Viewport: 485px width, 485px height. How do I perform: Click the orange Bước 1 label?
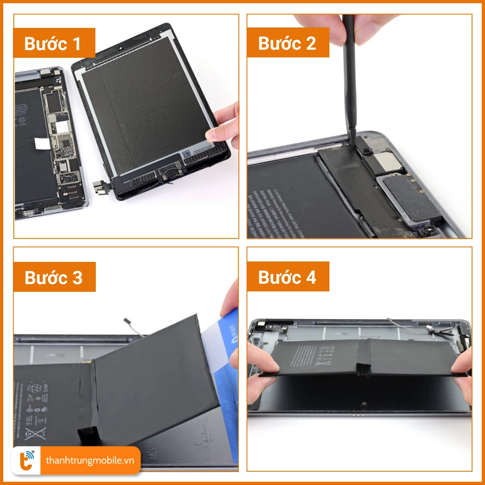[x=54, y=43]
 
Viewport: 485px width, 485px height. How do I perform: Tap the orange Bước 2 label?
[x=288, y=42]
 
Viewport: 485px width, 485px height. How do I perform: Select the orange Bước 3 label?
[x=54, y=277]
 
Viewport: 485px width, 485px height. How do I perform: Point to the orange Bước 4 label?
[x=288, y=277]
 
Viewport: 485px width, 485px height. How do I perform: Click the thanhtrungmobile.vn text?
[x=90, y=460]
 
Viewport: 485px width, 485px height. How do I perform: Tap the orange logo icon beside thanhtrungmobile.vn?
[x=27, y=460]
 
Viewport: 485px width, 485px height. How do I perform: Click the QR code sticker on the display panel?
[x=186, y=154]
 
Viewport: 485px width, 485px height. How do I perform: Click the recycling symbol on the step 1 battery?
[x=22, y=120]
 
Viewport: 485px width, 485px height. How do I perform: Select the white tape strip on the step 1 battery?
[x=40, y=143]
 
